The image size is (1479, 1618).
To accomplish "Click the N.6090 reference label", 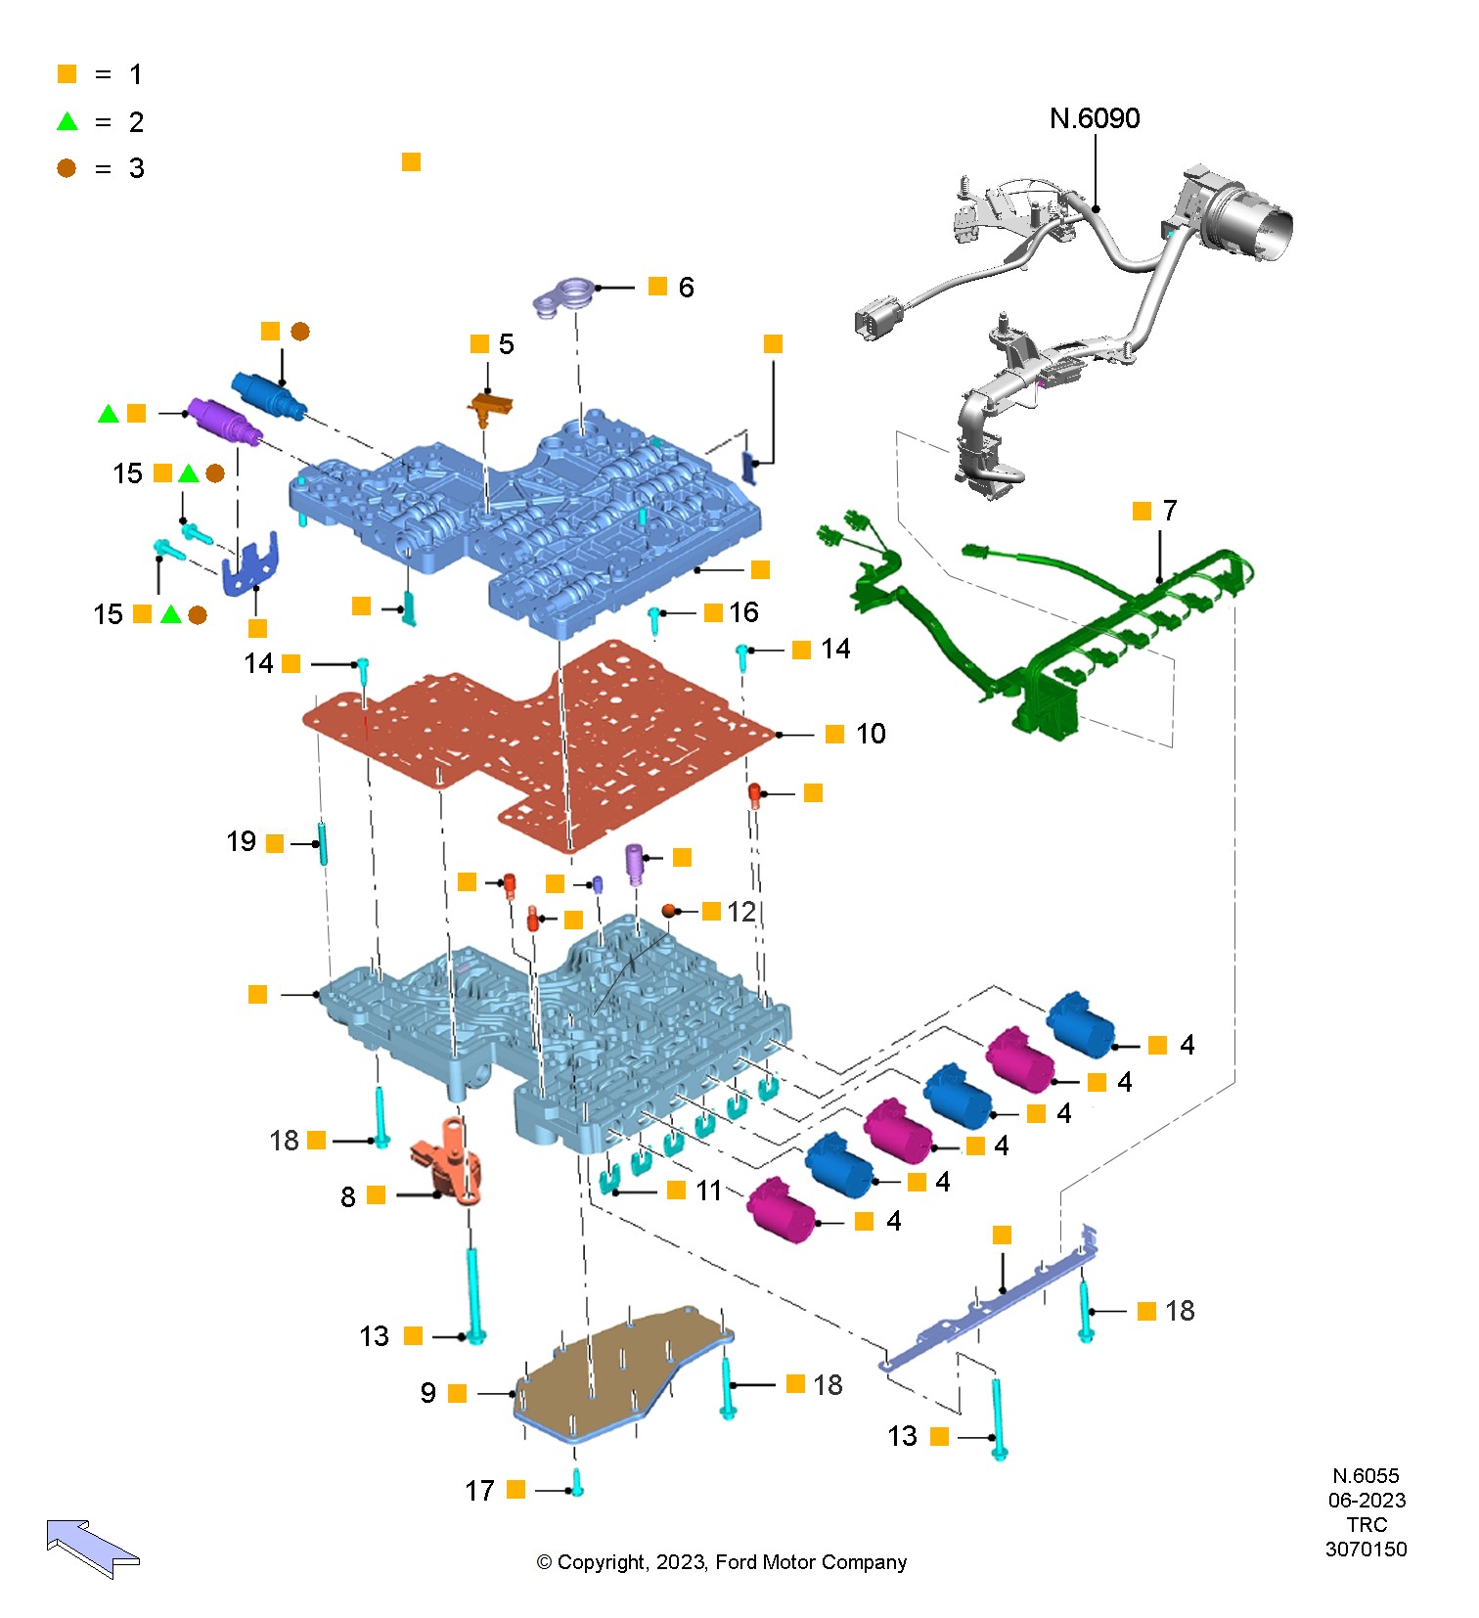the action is click(1095, 118).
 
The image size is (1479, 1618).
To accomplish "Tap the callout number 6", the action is click(686, 288).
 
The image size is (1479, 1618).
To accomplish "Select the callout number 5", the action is click(506, 344).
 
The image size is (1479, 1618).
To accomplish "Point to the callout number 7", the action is click(1170, 511).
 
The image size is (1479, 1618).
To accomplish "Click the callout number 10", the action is click(871, 734).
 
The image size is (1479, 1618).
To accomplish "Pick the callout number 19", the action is click(241, 841).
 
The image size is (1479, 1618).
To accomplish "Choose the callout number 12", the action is click(740, 912).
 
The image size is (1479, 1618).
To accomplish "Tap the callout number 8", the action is click(348, 1196).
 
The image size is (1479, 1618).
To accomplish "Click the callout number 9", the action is click(428, 1393).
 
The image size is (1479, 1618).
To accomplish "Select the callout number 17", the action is click(479, 1491).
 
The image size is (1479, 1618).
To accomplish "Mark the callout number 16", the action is click(743, 612).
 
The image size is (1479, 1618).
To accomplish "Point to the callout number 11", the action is click(708, 1191).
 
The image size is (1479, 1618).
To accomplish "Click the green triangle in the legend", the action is click(67, 121).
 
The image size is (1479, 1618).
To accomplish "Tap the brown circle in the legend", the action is click(67, 168).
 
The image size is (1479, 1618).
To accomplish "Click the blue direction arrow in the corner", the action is click(93, 1548).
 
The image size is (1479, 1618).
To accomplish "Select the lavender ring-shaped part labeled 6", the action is click(563, 295).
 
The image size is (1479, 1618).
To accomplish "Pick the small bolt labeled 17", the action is click(577, 1483).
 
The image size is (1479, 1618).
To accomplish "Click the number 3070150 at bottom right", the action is click(1367, 1550).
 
